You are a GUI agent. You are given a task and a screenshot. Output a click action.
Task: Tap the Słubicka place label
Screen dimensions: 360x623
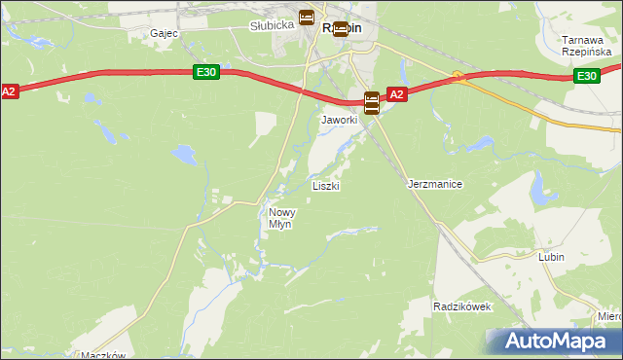point(272,25)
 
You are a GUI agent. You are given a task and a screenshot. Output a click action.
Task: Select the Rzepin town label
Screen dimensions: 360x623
point(342,28)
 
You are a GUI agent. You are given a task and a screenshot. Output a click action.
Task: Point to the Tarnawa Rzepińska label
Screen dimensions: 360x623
point(585,46)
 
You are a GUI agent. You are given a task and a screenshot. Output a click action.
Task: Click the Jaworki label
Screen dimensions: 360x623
point(340,120)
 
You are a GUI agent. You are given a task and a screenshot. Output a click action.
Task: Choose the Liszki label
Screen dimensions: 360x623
point(325,185)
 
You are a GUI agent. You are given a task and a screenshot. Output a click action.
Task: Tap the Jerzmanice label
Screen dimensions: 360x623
point(433,183)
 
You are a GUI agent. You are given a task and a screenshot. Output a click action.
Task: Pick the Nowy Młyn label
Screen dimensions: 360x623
point(280,218)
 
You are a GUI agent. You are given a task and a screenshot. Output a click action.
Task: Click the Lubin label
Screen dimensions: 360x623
point(552,257)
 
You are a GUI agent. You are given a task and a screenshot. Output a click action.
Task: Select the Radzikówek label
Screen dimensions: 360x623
point(462,306)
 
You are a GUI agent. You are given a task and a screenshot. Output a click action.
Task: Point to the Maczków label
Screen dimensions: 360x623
point(104,355)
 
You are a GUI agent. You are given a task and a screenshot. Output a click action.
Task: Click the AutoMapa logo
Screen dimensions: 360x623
point(552,342)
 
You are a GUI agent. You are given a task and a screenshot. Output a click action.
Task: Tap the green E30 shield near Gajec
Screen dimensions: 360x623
point(204,72)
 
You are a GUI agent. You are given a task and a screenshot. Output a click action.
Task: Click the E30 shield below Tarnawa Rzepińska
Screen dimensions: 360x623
point(585,76)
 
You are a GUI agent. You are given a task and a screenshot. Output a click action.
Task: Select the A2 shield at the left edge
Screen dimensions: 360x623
point(9,90)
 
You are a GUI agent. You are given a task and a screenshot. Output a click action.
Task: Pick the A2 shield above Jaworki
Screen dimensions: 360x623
point(396,94)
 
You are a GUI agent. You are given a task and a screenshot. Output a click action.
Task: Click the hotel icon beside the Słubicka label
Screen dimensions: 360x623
point(307,18)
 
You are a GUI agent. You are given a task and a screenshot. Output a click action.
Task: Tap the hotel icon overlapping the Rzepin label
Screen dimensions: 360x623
point(340,28)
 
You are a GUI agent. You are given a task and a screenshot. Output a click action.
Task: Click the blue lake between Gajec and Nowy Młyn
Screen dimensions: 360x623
point(181,152)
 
